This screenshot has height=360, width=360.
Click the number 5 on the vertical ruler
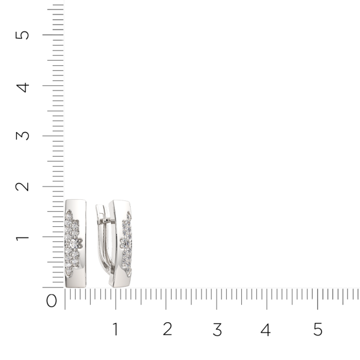pyautogui.click(x=22, y=35)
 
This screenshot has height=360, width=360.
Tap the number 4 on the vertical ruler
pyautogui.click(x=23, y=88)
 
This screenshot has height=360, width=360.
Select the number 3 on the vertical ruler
pyautogui.click(x=23, y=136)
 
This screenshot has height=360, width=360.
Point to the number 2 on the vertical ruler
pyautogui.click(x=22, y=187)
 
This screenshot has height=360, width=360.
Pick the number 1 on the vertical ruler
pyautogui.click(x=22, y=237)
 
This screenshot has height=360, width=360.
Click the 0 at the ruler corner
pyautogui.click(x=52, y=301)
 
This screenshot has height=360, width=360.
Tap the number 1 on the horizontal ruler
pyautogui.click(x=115, y=329)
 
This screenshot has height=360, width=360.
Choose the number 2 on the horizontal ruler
pyautogui.click(x=167, y=329)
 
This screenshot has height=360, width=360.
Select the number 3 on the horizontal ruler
pyautogui.click(x=217, y=329)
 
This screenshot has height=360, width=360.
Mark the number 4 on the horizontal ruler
pyautogui.click(x=266, y=329)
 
